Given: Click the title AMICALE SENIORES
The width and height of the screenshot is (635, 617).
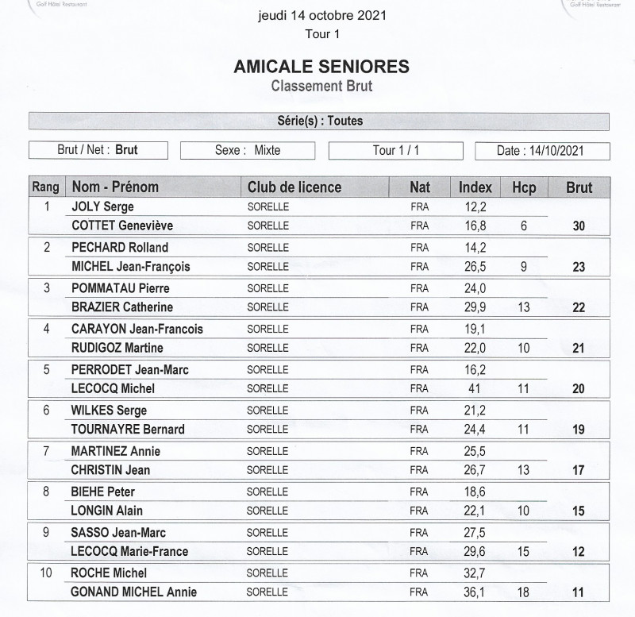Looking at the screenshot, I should pyautogui.click(x=321, y=67).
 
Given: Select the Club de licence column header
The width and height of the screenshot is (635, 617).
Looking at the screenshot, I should pyautogui.click(x=294, y=187).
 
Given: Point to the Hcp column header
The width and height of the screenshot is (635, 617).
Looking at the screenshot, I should pyautogui.click(x=524, y=187).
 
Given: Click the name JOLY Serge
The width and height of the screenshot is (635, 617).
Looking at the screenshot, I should pyautogui.click(x=102, y=206).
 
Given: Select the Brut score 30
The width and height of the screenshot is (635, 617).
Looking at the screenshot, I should pyautogui.click(x=579, y=226).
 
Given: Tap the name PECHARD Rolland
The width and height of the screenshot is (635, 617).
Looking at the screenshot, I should pyautogui.click(x=120, y=247).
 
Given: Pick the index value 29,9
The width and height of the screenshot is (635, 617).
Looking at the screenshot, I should pyautogui.click(x=473, y=307).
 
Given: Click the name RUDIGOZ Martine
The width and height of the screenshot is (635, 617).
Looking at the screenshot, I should pyautogui.click(x=117, y=348).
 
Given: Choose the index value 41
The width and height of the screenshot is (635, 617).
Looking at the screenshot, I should pyautogui.click(x=473, y=388).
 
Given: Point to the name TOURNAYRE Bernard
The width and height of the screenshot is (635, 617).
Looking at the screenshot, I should pyautogui.click(x=128, y=430).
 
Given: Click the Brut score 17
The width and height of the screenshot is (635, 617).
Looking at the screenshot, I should pyautogui.click(x=579, y=470).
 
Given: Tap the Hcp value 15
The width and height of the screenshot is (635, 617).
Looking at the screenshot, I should pyautogui.click(x=523, y=551).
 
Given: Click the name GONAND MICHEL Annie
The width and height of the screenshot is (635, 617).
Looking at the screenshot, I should pyautogui.click(x=134, y=592).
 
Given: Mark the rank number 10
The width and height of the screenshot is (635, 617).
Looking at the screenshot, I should pyautogui.click(x=46, y=573).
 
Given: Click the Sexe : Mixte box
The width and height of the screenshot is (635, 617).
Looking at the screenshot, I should pyautogui.click(x=248, y=150).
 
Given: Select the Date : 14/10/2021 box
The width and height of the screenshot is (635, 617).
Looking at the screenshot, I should pyautogui.click(x=542, y=151).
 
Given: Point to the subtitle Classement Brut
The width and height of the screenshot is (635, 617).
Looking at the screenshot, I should pyautogui.click(x=321, y=86).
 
